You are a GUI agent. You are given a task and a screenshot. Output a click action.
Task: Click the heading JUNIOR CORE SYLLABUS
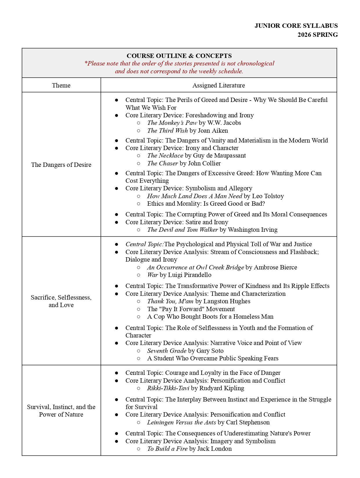click(296, 26)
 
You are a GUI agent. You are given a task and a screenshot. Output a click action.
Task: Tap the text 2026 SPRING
click(317, 35)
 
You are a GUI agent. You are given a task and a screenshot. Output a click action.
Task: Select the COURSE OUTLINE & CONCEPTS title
click(179, 56)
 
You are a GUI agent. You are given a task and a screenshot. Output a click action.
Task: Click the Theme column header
click(61, 85)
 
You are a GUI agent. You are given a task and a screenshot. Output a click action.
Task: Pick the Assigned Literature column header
click(219, 85)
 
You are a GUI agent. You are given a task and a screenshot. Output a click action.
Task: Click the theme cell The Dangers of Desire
click(61, 165)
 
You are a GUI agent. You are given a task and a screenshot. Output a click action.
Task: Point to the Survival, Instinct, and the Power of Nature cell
click(61, 411)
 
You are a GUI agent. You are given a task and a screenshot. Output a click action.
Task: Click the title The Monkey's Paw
click(172, 123)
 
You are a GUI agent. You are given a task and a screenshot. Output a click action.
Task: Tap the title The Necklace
click(165, 156)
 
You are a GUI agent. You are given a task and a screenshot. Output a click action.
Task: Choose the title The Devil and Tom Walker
click(182, 230)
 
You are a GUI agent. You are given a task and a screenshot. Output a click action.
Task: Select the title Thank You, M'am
click(170, 301)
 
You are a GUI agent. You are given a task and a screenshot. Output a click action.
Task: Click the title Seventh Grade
click(167, 351)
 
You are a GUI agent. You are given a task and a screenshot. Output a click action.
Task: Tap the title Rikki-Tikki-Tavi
click(168, 388)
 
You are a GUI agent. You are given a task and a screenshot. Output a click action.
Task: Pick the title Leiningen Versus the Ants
click(181, 422)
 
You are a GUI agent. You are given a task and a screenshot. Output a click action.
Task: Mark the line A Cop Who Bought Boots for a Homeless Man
click(210, 317)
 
